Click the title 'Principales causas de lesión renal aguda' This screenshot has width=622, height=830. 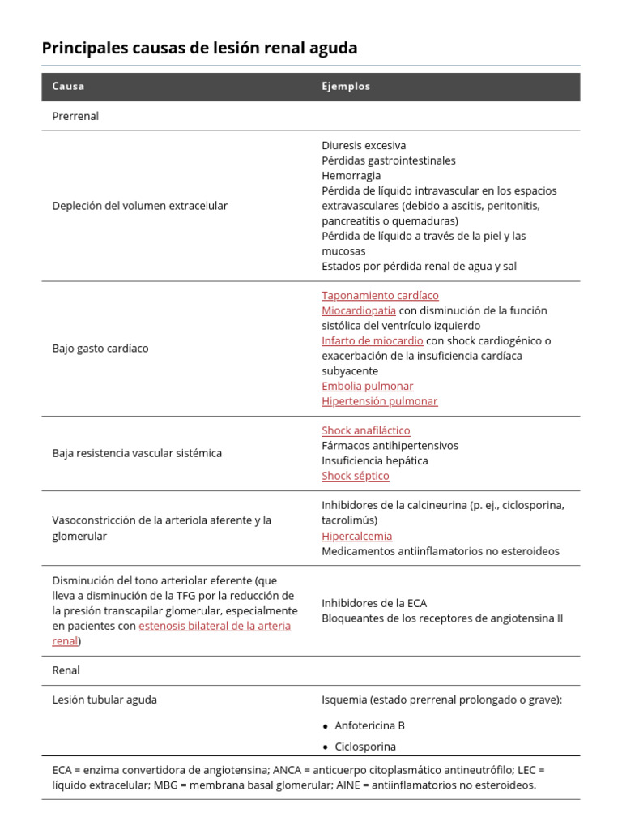click(x=199, y=49)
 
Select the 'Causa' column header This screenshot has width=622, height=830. click(x=68, y=87)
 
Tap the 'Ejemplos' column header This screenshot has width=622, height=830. click(x=346, y=87)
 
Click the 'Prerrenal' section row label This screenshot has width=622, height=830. click(x=75, y=116)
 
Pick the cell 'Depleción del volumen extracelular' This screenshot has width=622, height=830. click(x=139, y=206)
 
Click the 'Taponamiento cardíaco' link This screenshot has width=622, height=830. click(x=380, y=296)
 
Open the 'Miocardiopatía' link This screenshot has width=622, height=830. click(x=359, y=310)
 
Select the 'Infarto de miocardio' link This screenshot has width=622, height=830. click(x=372, y=341)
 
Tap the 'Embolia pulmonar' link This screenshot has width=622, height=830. click(x=367, y=387)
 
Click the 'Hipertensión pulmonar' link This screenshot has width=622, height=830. click(x=379, y=401)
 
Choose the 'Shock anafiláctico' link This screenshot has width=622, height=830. click(x=365, y=430)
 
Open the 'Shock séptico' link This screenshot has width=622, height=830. click(x=355, y=476)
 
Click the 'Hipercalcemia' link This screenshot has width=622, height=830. click(x=356, y=536)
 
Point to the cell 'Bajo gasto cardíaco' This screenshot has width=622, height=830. click(x=100, y=349)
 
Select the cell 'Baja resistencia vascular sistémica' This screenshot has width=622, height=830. click(x=137, y=453)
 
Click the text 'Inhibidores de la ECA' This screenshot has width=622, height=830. click(x=373, y=603)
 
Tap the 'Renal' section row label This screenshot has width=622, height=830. click(x=66, y=670)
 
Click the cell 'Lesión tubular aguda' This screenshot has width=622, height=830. click(x=104, y=700)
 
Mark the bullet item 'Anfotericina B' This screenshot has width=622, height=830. click(x=369, y=725)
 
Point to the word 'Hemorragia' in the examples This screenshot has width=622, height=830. click(x=351, y=176)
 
